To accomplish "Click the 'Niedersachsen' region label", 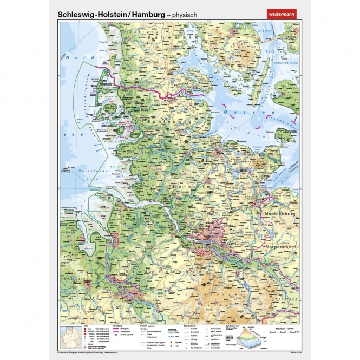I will [x=162, y=267].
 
